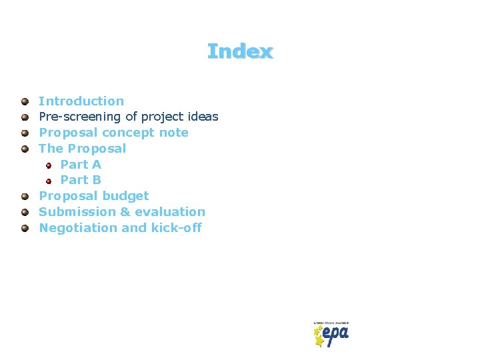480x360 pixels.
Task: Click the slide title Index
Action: (x=240, y=51)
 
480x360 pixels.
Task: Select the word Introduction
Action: (x=81, y=101)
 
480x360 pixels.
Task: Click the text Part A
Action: (x=81, y=164)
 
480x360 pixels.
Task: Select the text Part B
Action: (x=81, y=180)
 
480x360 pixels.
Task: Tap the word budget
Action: (x=126, y=196)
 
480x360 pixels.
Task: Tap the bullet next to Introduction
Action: (x=25, y=101)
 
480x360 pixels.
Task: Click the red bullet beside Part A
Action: (x=49, y=165)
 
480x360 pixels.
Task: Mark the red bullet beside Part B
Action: (x=49, y=181)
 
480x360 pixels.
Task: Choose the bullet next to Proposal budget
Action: (x=25, y=196)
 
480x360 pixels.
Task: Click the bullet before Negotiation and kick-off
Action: (x=25, y=228)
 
